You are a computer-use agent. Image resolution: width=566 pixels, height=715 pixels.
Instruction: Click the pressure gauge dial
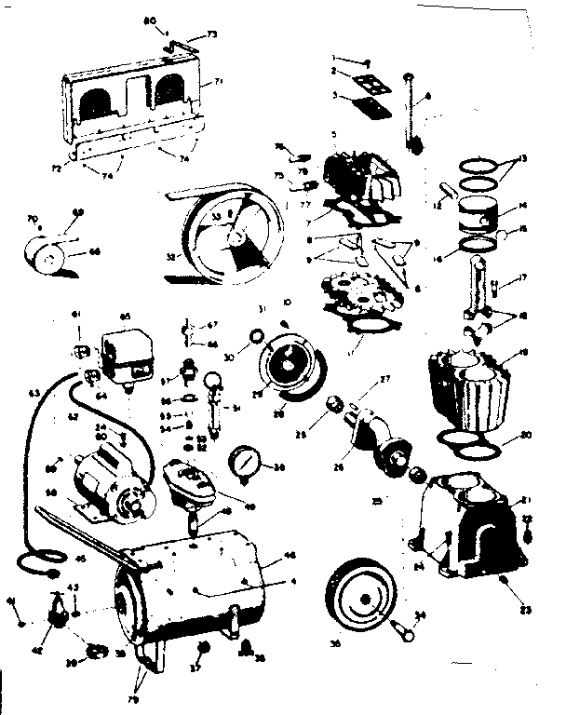(245, 463)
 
